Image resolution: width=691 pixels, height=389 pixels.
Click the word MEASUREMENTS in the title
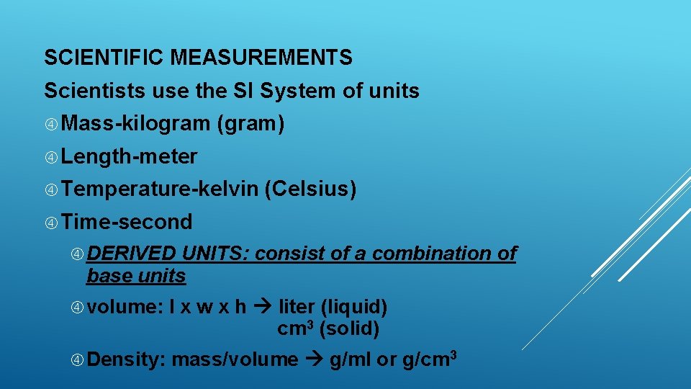(x=261, y=57)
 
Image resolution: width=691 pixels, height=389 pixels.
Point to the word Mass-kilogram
(x=135, y=124)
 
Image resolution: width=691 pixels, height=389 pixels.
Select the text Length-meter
(x=130, y=156)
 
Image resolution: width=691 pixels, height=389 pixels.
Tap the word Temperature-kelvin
(x=160, y=189)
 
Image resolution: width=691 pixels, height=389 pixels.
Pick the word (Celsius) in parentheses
(x=311, y=189)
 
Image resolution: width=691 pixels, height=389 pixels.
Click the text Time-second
(x=127, y=222)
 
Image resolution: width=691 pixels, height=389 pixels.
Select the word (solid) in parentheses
(x=349, y=329)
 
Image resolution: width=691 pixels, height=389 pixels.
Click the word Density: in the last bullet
(x=127, y=359)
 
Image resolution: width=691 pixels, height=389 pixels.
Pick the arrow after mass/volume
(x=314, y=359)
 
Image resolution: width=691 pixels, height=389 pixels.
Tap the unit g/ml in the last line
(x=351, y=359)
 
